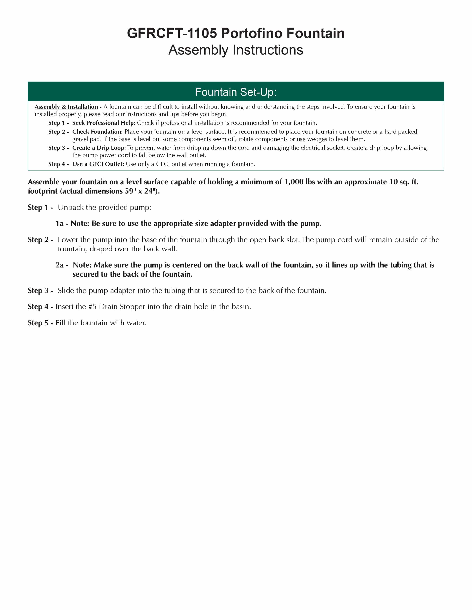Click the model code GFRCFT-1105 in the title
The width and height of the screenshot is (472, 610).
(x=172, y=33)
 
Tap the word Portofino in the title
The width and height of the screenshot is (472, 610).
(x=252, y=33)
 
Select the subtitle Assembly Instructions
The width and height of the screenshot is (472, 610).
(x=236, y=50)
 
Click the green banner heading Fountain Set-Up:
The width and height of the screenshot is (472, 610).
(x=236, y=92)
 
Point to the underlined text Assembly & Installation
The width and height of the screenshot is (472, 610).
(x=66, y=107)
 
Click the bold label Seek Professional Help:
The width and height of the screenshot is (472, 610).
(x=104, y=123)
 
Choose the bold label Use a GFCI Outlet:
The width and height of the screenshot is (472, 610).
(x=98, y=164)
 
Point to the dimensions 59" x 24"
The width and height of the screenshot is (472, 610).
(x=139, y=191)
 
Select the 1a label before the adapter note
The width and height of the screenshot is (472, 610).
(x=60, y=223)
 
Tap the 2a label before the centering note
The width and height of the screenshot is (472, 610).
(x=60, y=265)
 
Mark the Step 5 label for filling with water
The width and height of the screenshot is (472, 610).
(x=38, y=323)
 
